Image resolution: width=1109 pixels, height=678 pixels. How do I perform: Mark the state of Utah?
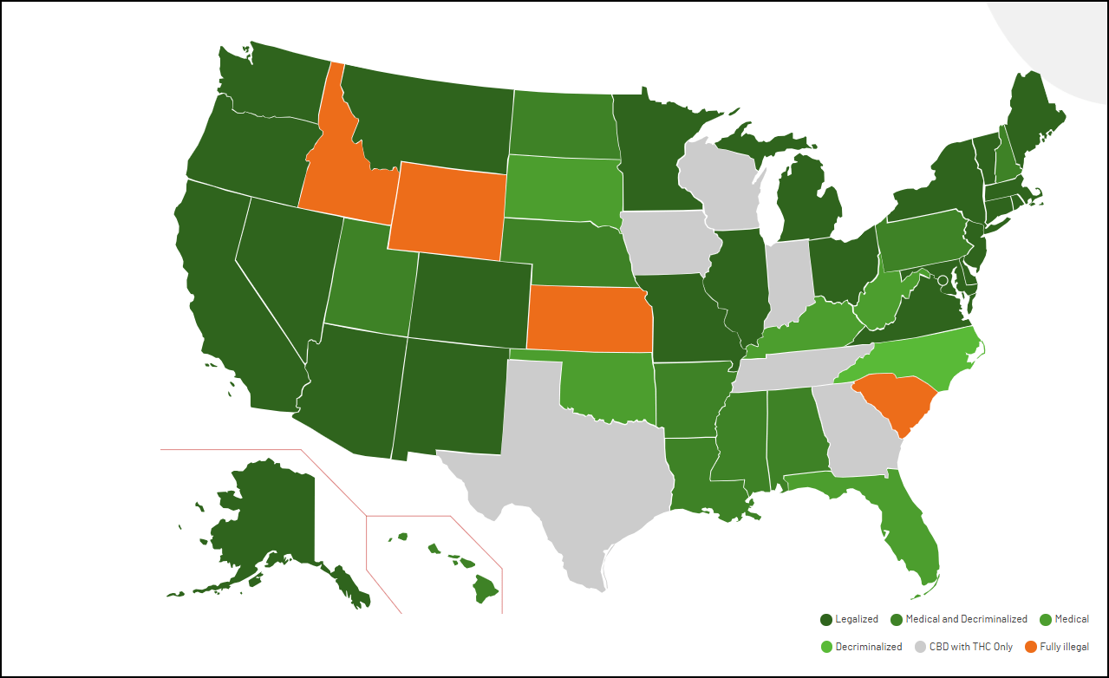coord(368,277)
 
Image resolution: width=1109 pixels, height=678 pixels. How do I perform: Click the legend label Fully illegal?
coord(1064,647)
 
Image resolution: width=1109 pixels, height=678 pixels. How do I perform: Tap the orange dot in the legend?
coord(1030,647)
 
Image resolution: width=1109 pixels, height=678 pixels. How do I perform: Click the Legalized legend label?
coord(857,619)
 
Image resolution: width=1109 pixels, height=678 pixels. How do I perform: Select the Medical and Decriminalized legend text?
coord(966,619)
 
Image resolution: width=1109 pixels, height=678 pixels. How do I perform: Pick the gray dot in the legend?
coord(920,647)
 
